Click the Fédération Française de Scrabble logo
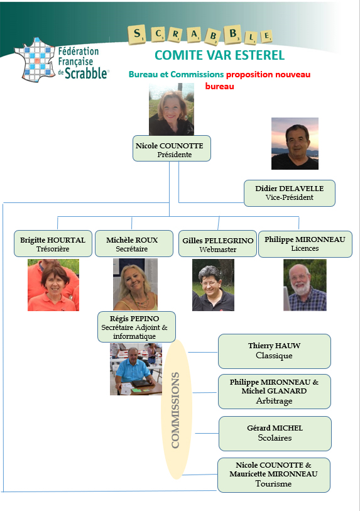[61, 59]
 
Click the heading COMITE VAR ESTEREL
[220, 55]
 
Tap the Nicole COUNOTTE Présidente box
[172, 148]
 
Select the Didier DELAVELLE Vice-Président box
[290, 193]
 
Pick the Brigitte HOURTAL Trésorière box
[53, 244]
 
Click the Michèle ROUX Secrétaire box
[134, 244]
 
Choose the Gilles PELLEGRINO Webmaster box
[217, 244]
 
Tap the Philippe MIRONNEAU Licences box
[305, 244]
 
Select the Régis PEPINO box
[136, 327]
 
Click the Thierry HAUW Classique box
[275, 351]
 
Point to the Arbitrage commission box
[275, 392]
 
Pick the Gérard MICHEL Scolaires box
[275, 434]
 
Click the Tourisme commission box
[274, 475]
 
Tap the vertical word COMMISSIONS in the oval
[175, 410]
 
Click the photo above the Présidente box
[172, 109]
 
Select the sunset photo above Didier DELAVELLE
[295, 143]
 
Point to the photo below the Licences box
[305, 285]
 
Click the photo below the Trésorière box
[53, 285]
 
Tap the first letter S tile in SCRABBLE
[137, 35]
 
